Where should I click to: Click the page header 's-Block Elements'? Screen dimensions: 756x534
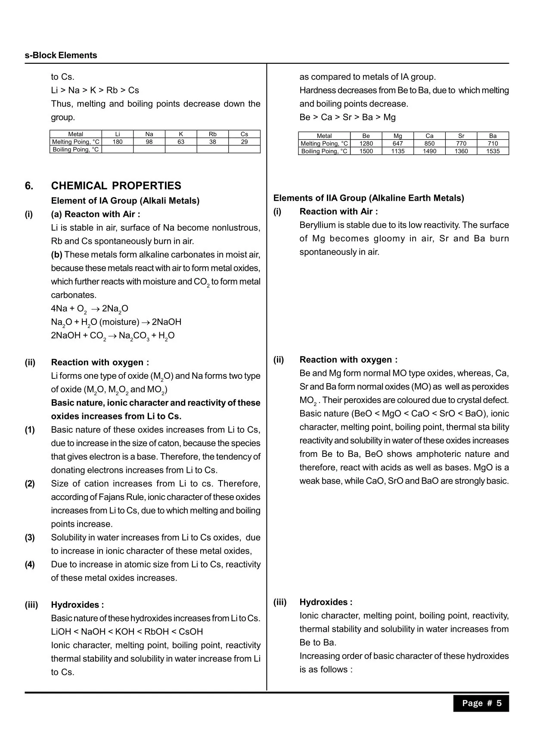[61, 55]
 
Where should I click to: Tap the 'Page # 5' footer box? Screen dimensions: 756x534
[481, 703]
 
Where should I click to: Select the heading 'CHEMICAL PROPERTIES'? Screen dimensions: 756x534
[116, 186]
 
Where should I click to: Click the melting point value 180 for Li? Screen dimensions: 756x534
[118, 142]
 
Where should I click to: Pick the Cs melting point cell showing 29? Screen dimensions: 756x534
[244, 142]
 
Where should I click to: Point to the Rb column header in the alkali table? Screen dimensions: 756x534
[212, 134]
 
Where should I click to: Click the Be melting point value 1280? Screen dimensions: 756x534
[366, 144]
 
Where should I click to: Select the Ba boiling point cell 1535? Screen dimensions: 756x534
[493, 151]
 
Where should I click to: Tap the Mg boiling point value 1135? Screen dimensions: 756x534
[398, 151]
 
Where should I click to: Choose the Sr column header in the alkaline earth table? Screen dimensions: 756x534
[461, 136]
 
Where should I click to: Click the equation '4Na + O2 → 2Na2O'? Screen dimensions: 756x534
[90, 309]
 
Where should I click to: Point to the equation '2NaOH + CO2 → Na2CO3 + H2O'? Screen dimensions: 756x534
[113, 336]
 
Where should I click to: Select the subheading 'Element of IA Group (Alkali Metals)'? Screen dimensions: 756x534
[125, 201]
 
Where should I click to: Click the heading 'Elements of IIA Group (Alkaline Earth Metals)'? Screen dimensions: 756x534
[369, 198]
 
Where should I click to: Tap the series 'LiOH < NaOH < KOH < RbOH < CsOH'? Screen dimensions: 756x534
[127, 632]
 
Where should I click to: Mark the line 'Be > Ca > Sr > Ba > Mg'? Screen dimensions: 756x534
[348, 117]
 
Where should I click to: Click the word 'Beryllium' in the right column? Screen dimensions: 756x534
[317, 225]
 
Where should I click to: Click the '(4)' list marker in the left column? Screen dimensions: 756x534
[30, 564]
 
